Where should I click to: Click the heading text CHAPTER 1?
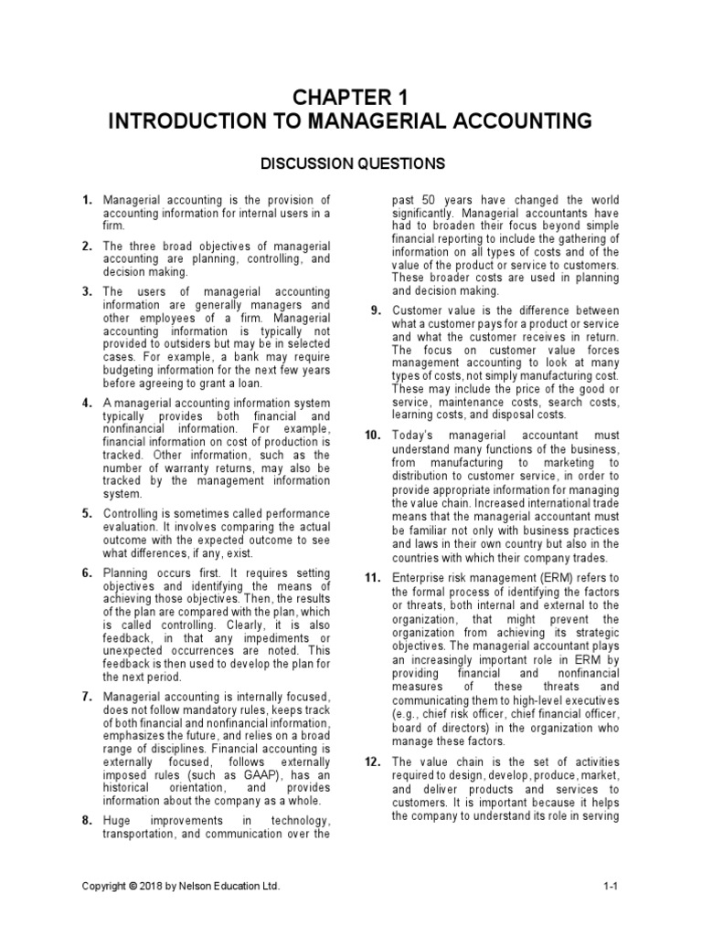point(350,97)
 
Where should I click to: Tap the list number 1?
point(87,200)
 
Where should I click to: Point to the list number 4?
point(87,403)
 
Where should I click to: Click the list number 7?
point(87,698)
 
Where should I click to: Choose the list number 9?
point(376,310)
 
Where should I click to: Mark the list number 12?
point(373,762)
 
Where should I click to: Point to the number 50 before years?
point(434,200)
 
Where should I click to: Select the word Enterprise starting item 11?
point(422,578)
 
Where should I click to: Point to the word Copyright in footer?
point(107,887)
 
